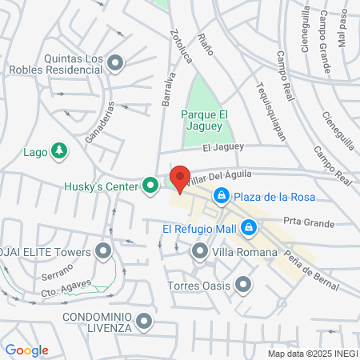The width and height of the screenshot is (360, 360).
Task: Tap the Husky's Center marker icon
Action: pyautogui.click(x=150, y=186)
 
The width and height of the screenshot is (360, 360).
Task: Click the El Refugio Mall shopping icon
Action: pyautogui.click(x=250, y=228)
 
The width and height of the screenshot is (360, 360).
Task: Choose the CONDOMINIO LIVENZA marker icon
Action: pyautogui.click(x=144, y=322)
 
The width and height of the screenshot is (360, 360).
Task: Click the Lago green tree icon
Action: pyautogui.click(x=58, y=150)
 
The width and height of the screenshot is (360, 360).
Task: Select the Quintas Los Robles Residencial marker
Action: pyautogui.click(x=115, y=62)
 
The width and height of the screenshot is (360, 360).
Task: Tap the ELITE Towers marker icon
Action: pyautogui.click(x=103, y=252)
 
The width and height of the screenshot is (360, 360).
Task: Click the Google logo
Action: pyautogui.click(x=27, y=350)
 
